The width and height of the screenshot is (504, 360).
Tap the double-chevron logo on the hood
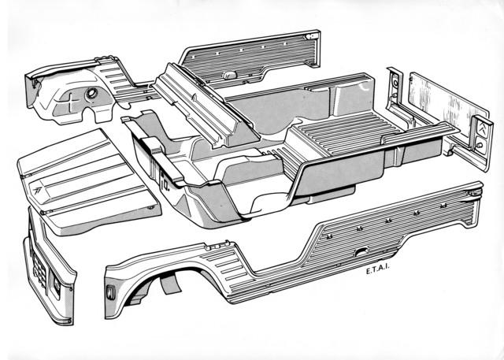38,191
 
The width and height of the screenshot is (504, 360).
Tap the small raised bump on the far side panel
230,74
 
